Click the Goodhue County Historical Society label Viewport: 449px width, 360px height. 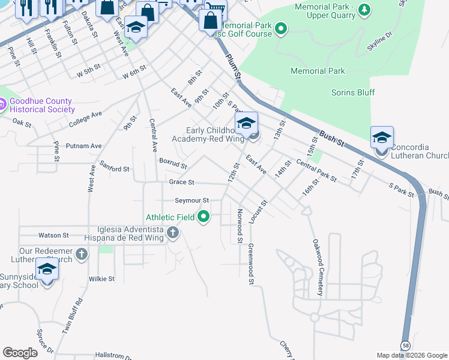[41, 106]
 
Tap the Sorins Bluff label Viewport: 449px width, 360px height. [353, 92]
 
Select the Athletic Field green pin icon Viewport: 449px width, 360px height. [203, 217]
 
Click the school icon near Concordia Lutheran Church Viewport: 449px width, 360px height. [382, 139]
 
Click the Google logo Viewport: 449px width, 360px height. [20, 353]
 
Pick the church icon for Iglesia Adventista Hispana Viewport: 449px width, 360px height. [173, 232]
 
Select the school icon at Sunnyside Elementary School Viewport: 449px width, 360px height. [46, 269]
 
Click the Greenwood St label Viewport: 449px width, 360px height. [250, 260]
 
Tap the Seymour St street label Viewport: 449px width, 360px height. [191, 200]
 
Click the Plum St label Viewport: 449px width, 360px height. [234, 65]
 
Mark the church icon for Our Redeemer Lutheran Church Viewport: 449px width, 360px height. [81, 255]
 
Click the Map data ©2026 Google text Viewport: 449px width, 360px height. [412, 355]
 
